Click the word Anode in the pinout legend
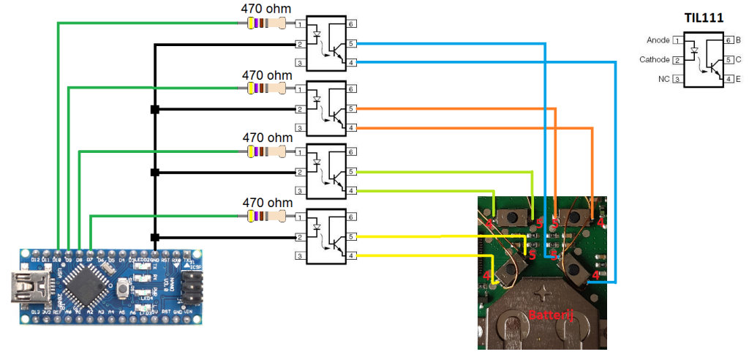658,40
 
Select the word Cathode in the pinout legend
654,59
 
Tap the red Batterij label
549,315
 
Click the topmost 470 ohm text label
266,9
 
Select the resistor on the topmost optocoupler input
267,24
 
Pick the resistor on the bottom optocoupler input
267,217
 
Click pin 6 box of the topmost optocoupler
353,25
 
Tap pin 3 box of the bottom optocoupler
300,256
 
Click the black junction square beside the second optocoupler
154,109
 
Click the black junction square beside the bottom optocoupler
154,237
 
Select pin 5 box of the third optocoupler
353,172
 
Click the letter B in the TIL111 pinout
738,40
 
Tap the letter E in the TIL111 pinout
738,78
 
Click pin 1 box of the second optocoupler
300,89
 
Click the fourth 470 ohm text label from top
266,203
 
